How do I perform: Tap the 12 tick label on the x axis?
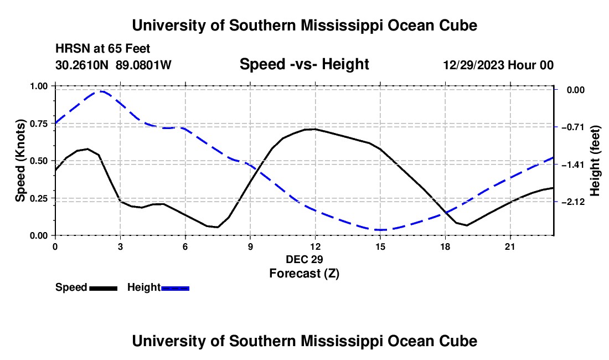[316, 246]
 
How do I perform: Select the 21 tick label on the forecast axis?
[510, 246]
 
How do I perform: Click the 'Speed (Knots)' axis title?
[20, 161]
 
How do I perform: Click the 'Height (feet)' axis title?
[595, 161]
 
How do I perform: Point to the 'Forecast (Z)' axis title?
[304, 274]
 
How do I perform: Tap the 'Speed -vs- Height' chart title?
[304, 64]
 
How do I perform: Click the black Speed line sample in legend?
[104, 288]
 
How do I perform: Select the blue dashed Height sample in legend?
[175, 288]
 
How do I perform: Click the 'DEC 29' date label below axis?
[304, 259]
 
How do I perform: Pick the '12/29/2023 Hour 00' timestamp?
[498, 65]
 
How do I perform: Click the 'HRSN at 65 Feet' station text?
[102, 49]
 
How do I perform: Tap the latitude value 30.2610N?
[81, 65]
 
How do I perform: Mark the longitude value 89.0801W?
[143, 65]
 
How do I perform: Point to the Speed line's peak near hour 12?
[314, 129]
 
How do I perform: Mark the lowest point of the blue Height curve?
[380, 230]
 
